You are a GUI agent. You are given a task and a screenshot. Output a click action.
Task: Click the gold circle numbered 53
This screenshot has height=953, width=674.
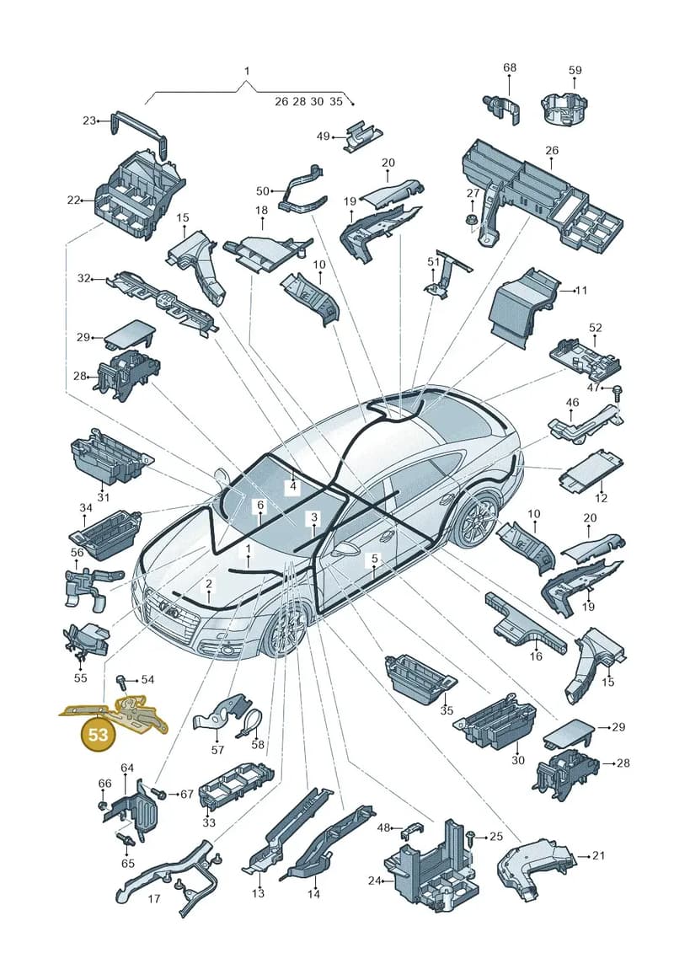tap(98, 734)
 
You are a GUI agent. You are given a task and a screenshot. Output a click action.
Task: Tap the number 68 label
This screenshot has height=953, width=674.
tap(510, 67)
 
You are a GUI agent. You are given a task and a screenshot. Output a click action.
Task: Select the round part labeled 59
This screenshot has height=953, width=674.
tap(565, 110)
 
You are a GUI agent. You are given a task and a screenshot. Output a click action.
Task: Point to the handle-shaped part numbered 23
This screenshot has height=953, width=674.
tap(140, 130)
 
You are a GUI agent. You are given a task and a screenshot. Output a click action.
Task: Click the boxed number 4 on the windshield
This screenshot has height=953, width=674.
tap(293, 486)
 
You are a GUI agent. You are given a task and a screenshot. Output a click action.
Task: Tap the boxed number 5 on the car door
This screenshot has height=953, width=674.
tap(375, 558)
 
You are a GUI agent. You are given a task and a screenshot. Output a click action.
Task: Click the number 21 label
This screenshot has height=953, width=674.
tap(599, 856)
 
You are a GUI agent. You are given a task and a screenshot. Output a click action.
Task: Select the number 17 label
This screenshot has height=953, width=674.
tap(154, 898)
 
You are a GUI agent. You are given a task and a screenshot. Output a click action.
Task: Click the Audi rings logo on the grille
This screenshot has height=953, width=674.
tap(167, 608)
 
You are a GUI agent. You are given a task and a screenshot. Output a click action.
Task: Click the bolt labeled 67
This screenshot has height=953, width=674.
tap(159, 793)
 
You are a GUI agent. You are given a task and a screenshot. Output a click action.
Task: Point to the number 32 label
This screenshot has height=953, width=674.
tap(84, 278)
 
